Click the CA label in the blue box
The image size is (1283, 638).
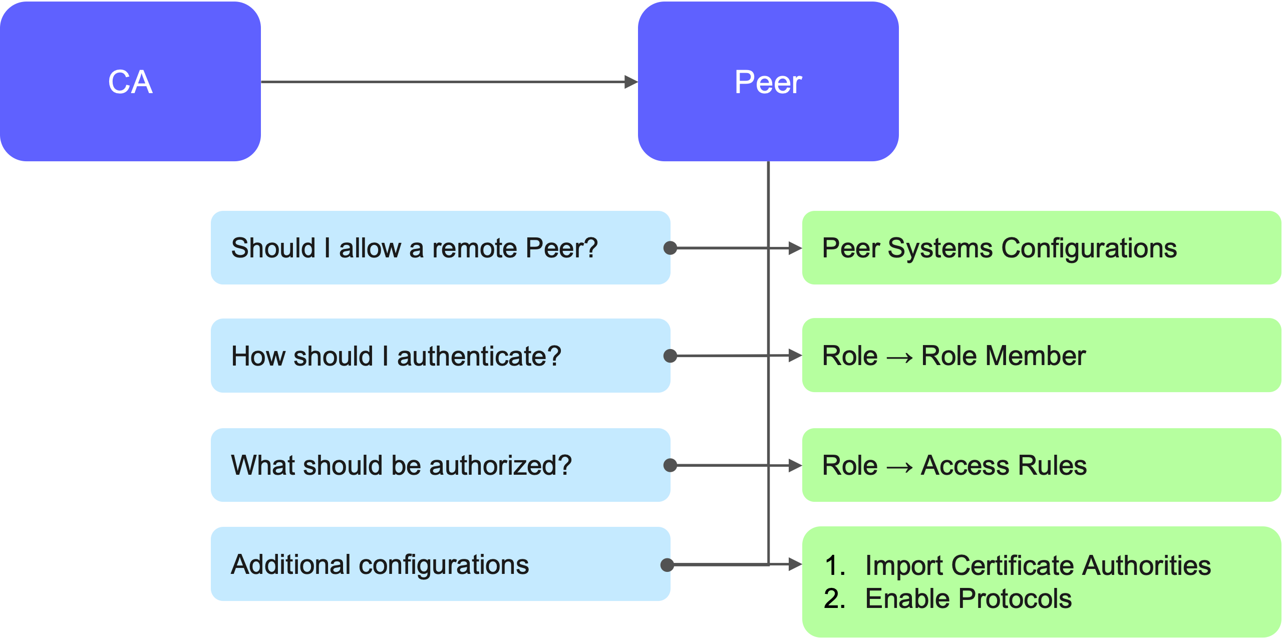click(130, 82)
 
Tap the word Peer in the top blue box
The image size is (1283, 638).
click(768, 82)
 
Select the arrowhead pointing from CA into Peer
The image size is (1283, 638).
click(631, 82)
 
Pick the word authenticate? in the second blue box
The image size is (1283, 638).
click(479, 356)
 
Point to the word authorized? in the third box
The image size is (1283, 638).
click(500, 465)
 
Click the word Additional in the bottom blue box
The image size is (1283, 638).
click(290, 564)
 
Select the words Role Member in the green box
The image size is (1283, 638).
click(1003, 356)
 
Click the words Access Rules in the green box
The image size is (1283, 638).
click(1004, 465)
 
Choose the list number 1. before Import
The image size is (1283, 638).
click(835, 565)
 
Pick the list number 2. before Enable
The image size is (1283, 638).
click(835, 598)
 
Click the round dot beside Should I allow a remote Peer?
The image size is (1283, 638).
click(670, 248)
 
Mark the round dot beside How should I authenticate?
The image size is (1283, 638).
click(670, 356)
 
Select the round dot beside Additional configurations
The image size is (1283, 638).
click(667, 565)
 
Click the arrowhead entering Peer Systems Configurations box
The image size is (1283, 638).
click(795, 248)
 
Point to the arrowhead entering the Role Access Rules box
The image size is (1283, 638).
click(795, 465)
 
